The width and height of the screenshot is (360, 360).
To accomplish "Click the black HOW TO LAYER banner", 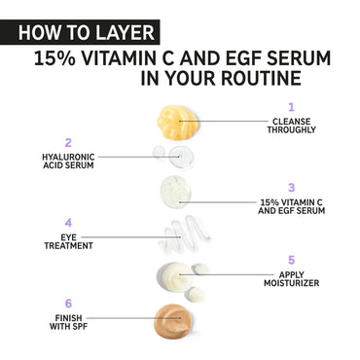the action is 80,32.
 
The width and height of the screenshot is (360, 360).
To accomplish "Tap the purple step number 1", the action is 291,107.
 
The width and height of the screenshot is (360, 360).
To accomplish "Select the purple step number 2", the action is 68,143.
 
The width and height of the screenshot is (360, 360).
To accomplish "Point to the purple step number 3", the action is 291,188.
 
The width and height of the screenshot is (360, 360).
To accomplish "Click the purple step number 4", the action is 68,223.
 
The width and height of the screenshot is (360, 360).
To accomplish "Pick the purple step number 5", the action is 291,260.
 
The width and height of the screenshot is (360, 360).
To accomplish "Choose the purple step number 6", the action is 68,304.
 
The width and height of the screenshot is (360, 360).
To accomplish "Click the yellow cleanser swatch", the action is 177,123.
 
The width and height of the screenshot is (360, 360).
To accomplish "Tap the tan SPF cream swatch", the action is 173,321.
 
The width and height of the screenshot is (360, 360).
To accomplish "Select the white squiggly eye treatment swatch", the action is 184,234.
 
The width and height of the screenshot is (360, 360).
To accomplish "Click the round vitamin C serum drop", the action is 176,192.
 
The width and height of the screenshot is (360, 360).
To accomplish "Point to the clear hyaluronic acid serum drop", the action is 181,156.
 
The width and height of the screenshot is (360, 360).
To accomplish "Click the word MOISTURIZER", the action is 291,283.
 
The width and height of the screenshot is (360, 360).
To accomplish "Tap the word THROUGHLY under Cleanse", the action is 291,130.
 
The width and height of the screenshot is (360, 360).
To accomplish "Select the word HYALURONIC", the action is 68,157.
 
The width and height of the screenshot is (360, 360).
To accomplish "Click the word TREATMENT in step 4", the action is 68,246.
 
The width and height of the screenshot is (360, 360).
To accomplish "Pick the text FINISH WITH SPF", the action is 68,322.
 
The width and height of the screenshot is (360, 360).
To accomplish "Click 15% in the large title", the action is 54,58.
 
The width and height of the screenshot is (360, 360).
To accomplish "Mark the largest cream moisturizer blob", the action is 173,276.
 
